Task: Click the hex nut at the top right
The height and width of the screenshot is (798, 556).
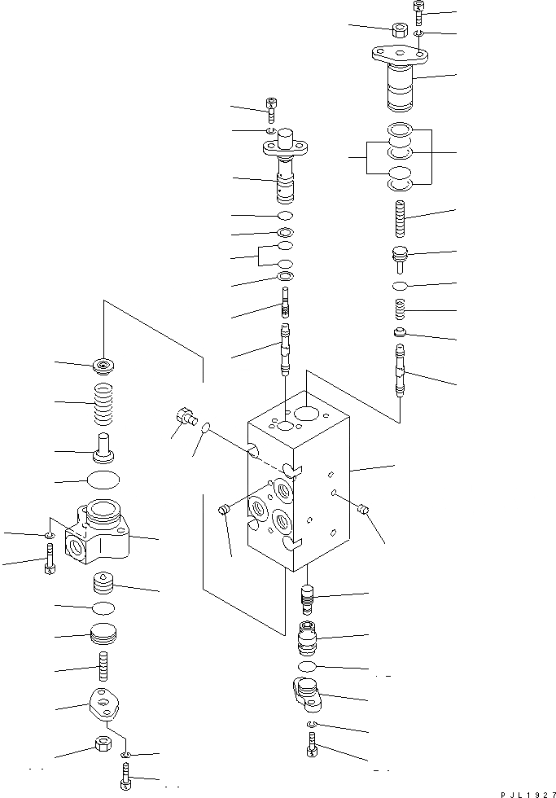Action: (x=400, y=30)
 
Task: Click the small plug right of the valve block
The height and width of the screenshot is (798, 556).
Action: (x=364, y=510)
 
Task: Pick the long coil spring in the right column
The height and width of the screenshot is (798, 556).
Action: (x=399, y=219)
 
